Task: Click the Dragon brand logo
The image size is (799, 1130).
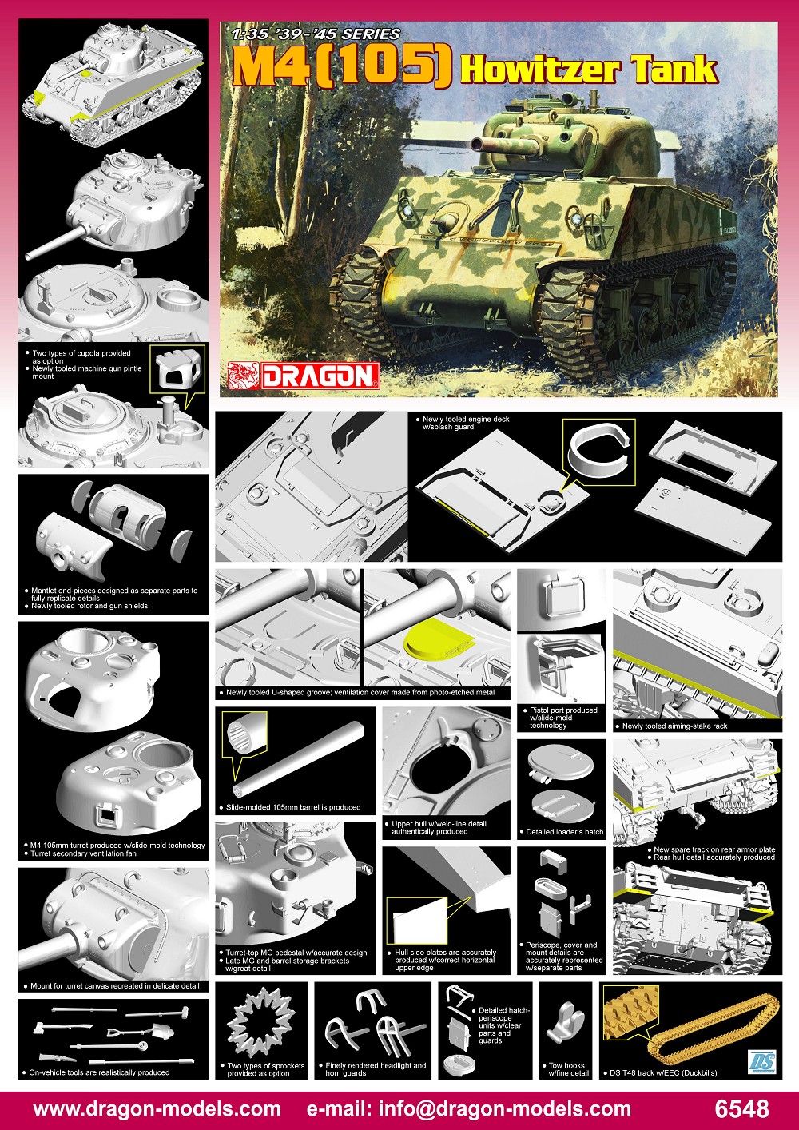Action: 303,375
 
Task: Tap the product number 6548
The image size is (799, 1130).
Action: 741,1108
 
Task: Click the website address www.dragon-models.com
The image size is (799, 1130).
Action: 157,1108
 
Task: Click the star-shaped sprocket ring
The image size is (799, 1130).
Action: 260,1025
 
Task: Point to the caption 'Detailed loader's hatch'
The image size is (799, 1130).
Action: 564,831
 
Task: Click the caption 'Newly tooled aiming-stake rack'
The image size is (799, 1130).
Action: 675,726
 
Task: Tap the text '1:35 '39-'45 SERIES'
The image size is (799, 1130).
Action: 316,34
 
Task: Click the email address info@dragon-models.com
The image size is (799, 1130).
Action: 504,1108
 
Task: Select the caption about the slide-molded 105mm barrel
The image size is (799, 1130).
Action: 293,807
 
